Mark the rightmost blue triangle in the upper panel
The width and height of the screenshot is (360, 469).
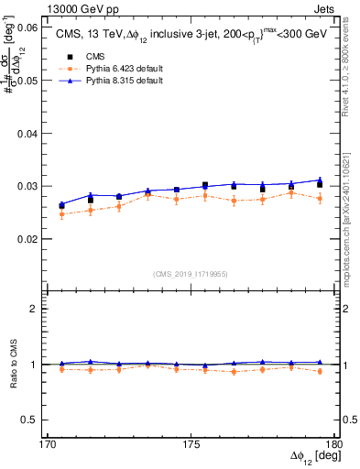click(320, 180)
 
